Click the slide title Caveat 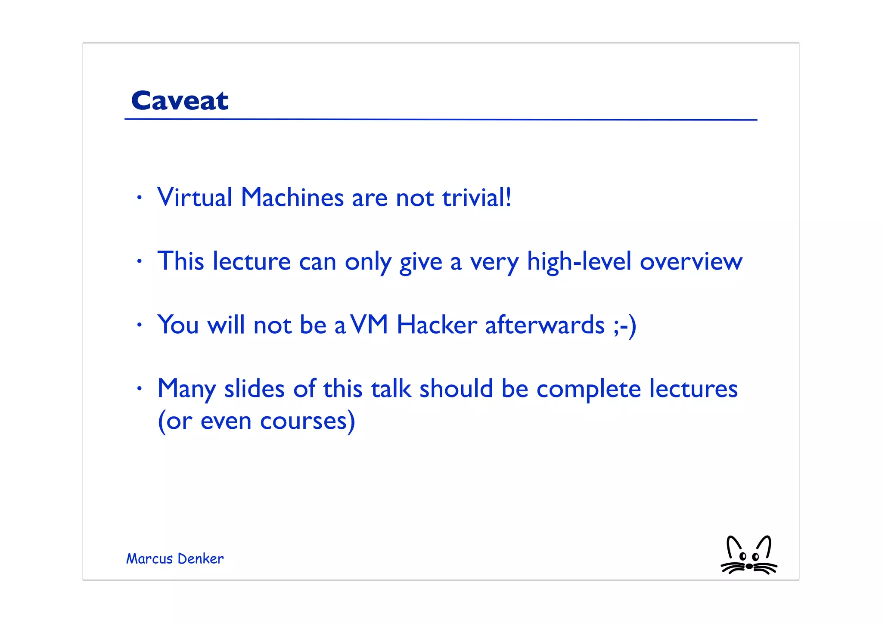point(180,101)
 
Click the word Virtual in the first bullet point(195,198)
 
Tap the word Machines point(292,198)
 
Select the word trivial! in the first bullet point(477,198)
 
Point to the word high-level point(579,261)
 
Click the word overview point(691,261)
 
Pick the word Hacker point(437,325)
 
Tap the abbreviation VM point(370,325)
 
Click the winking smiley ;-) point(625,325)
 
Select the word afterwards point(545,325)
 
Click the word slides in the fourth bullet point(254,388)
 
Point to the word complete point(589,389)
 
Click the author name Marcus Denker point(175,559)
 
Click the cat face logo point(749,556)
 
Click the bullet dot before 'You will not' point(139,325)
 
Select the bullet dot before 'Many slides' point(139,389)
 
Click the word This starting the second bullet point(180,261)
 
